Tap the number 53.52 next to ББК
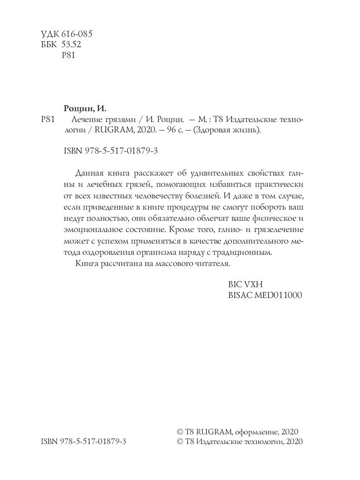tap(71, 44)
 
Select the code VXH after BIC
tap(252, 284)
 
